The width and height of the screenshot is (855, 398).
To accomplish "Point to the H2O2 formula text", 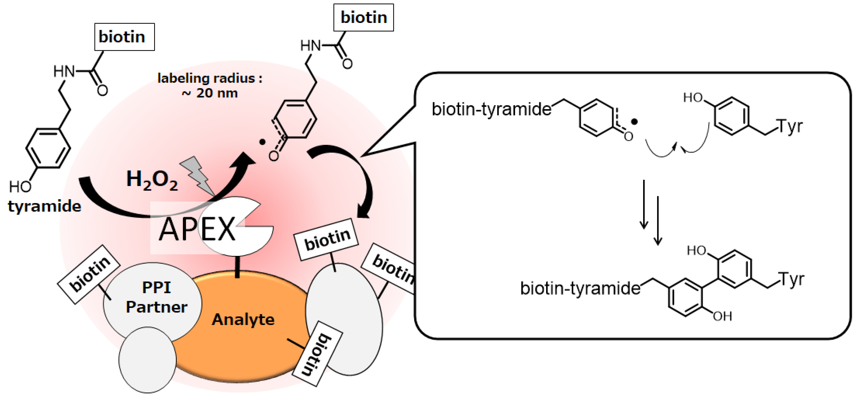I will [x=152, y=180].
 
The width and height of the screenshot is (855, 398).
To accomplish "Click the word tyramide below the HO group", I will [x=44, y=206].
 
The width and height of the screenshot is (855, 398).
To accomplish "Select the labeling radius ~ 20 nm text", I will [x=210, y=85].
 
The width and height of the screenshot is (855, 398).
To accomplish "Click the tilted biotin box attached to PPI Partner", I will [x=89, y=274].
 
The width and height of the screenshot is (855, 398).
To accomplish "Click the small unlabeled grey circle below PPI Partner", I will [x=147, y=360].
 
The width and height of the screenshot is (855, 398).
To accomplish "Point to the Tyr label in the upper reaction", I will [x=790, y=126].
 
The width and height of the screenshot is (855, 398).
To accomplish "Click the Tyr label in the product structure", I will [x=792, y=279].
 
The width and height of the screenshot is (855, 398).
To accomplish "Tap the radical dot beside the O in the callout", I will [x=634, y=122].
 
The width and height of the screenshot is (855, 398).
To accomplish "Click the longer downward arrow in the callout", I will [x=658, y=220].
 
